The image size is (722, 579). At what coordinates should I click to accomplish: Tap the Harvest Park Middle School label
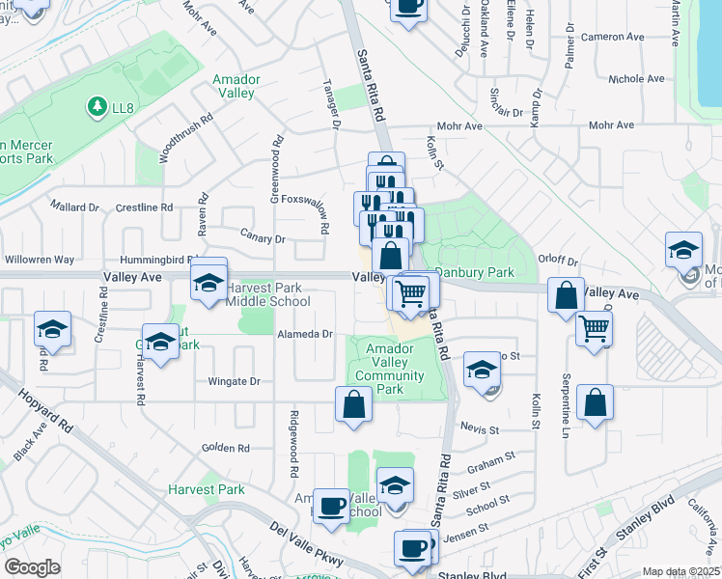pyautogui.click(x=267, y=294)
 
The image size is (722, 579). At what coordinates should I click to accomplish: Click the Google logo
pyautogui.click(x=32, y=566)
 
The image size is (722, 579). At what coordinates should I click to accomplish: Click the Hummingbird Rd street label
pyautogui.click(x=156, y=261)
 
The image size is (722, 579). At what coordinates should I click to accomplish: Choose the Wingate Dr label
pyautogui.click(x=234, y=381)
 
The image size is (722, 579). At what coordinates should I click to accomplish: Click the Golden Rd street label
pyautogui.click(x=225, y=448)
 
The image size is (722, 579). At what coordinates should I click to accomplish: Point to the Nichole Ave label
pyautogui.click(x=632, y=80)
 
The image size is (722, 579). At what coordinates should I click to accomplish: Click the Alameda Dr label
pyautogui.click(x=305, y=334)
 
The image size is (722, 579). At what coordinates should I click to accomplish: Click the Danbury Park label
pyautogui.click(x=474, y=273)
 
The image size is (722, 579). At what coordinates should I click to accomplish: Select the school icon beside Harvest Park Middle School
pyautogui.click(x=208, y=283)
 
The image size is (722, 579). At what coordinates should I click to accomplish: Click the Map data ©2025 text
pyautogui.click(x=680, y=572)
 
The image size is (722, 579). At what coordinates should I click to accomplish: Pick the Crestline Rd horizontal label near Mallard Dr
pyautogui.click(x=143, y=207)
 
